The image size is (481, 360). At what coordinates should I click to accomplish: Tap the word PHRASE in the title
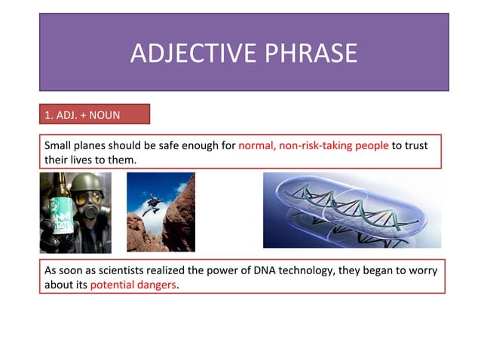click(311, 53)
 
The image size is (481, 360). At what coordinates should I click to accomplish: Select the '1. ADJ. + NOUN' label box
click(94, 114)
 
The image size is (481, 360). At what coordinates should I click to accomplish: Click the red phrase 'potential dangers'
click(133, 285)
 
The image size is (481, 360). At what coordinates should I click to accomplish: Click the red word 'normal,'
click(256, 145)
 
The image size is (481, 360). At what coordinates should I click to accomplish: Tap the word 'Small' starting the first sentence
click(59, 145)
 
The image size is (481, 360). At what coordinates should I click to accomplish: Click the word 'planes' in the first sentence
click(91, 145)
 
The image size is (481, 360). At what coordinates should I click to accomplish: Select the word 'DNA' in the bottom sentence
click(268, 270)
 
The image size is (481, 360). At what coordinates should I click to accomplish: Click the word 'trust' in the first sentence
click(415, 145)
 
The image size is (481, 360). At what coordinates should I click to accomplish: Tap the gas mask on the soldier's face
click(88, 207)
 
